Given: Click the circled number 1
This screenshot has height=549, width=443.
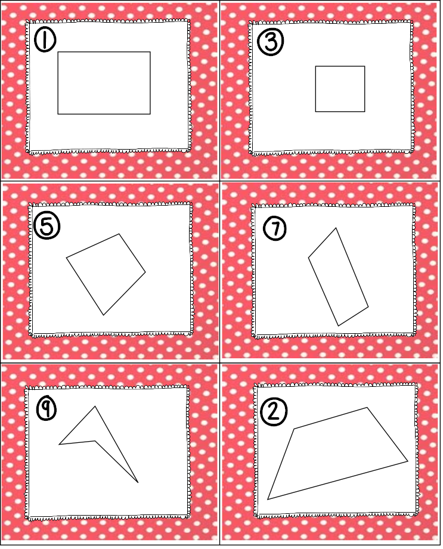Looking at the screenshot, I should pyautogui.click(x=45, y=41).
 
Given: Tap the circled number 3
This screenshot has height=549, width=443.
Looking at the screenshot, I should pyautogui.click(x=270, y=42).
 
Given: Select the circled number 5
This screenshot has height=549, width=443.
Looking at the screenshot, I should pyautogui.click(x=47, y=226).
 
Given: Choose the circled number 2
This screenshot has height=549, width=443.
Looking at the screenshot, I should pyautogui.click(x=272, y=411).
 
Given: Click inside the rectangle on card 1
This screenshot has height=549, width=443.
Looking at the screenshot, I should pyautogui.click(x=104, y=83).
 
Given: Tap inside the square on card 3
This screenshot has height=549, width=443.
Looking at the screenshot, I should pyautogui.click(x=340, y=89).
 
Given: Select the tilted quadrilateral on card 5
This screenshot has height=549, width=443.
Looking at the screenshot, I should pyautogui.click(x=106, y=272).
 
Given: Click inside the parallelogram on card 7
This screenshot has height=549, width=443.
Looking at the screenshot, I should pyautogui.click(x=337, y=277).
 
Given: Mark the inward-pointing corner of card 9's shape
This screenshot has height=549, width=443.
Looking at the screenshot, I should pyautogui.click(x=95, y=441).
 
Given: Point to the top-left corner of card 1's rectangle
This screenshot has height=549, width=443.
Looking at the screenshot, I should pyautogui.click(x=58, y=52).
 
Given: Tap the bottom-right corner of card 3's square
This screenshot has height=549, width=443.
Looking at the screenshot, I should pyautogui.click(x=365, y=111).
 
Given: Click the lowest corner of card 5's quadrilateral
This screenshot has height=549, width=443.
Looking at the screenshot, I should pyautogui.click(x=103, y=315).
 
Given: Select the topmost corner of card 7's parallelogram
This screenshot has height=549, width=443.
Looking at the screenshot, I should pyautogui.click(x=336, y=228).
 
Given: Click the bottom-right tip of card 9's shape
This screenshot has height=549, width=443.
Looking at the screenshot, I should pyautogui.click(x=138, y=483).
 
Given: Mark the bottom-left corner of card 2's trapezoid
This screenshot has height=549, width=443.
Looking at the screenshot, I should pyautogui.click(x=268, y=500).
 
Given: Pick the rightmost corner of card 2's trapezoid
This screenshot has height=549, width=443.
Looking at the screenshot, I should pyautogui.click(x=408, y=461).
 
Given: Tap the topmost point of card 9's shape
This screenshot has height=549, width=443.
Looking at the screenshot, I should pyautogui.click(x=95, y=407).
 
